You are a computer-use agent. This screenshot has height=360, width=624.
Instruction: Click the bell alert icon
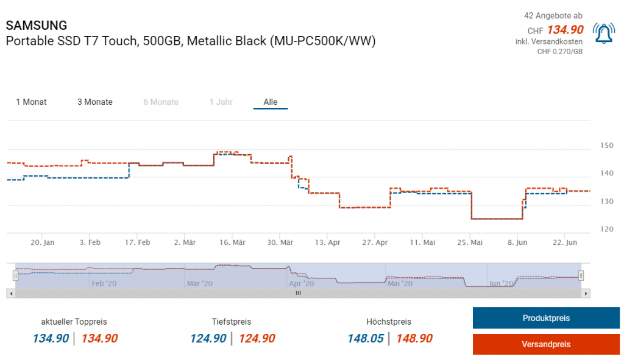tap(603, 34)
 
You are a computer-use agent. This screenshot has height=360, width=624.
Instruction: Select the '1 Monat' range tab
tap(31, 102)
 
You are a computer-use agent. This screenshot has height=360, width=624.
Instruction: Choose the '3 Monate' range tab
tap(94, 102)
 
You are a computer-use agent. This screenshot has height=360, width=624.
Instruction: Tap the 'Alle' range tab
tap(271, 102)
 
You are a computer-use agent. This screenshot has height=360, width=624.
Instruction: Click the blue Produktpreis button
tap(546, 318)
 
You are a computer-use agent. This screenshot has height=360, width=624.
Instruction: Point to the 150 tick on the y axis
tap(607, 146)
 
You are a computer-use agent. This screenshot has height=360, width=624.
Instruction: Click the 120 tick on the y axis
tap(607, 229)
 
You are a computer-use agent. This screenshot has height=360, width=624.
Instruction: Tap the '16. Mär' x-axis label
tap(232, 242)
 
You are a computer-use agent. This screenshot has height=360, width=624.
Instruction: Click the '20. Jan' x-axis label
tap(43, 242)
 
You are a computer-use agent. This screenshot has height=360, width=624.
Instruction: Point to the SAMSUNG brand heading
tap(37, 26)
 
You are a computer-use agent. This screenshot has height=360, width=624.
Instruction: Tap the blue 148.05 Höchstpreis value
tap(366, 339)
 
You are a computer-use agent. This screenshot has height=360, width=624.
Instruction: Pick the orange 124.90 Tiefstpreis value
tap(257, 339)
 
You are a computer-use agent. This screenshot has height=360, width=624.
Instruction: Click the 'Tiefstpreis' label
tap(232, 322)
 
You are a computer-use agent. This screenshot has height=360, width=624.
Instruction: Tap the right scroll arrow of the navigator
tap(586, 293)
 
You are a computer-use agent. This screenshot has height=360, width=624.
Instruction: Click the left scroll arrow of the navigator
tap(10, 293)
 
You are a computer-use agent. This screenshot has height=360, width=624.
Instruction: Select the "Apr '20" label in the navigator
tap(301, 283)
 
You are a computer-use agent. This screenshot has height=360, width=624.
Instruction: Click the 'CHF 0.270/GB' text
tap(559, 52)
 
